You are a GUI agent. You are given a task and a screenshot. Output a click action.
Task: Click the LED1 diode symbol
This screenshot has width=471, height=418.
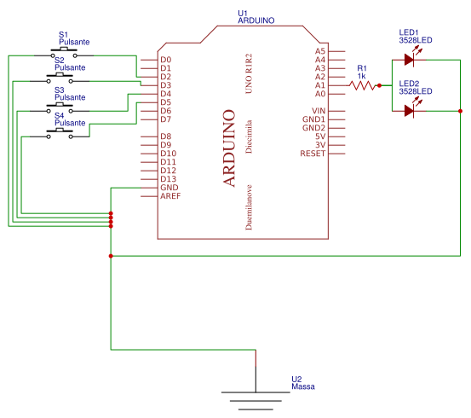(x=411, y=60)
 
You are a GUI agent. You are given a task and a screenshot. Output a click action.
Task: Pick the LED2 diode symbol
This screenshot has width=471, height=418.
(x=411, y=110)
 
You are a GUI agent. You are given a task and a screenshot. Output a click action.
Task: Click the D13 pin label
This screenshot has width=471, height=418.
(x=167, y=178)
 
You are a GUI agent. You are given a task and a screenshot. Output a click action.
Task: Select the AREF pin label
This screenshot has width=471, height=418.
(x=169, y=195)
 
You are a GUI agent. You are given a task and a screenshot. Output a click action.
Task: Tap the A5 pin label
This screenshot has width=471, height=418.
(x=319, y=51)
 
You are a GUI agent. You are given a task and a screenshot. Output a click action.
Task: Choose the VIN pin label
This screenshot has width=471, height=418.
(x=319, y=111)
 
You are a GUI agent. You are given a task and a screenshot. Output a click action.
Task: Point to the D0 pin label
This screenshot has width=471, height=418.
(x=165, y=60)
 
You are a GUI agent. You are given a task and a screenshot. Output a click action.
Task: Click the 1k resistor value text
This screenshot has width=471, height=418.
(x=361, y=76)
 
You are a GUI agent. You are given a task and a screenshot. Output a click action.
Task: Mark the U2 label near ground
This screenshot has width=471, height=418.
(x=296, y=379)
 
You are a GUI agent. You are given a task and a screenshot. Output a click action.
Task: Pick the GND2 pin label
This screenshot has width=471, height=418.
(x=313, y=127)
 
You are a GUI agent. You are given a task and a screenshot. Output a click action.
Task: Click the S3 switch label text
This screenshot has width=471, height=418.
(x=60, y=90)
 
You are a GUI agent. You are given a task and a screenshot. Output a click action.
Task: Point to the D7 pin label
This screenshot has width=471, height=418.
(x=165, y=119)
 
